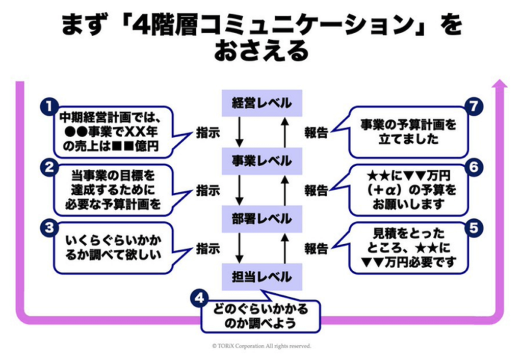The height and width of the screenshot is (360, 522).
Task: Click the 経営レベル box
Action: coord(262,103)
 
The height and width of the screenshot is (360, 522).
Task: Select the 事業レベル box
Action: coord(262,161)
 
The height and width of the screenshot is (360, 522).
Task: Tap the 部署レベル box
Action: coord(262,219)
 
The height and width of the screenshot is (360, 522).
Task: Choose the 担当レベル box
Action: coord(262,277)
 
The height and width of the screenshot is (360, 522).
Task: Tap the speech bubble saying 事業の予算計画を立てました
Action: coord(408,132)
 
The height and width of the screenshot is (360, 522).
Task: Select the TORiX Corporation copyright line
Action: coord(261,346)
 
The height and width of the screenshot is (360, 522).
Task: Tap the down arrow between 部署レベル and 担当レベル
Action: coord(239,248)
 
